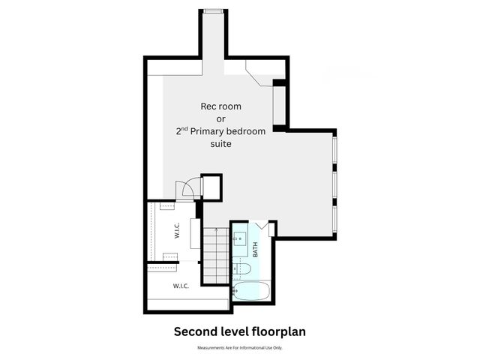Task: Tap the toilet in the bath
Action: click(x=243, y=268)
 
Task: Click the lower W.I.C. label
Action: click(x=181, y=286)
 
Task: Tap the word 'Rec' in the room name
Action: click(x=209, y=106)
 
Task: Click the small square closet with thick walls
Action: click(x=211, y=187)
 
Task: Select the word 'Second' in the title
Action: click(x=193, y=331)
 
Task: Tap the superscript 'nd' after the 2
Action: click(x=184, y=127)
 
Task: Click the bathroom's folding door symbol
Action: click(x=262, y=226)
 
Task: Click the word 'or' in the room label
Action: click(x=220, y=118)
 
